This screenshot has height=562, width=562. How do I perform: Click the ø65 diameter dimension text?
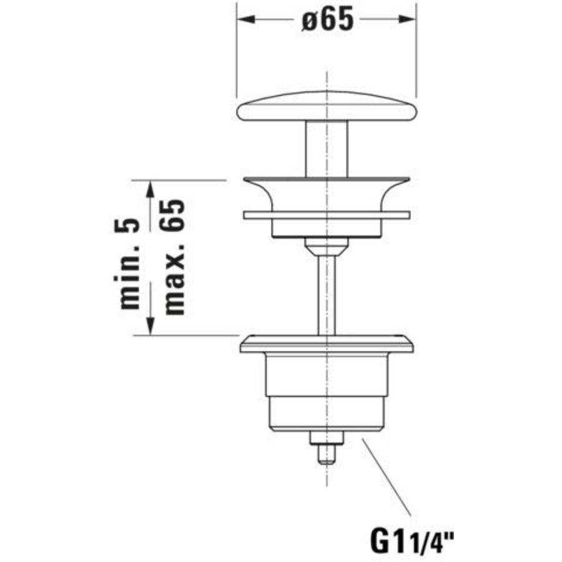[x=328, y=19]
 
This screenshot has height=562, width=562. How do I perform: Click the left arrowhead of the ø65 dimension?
[x=246, y=19]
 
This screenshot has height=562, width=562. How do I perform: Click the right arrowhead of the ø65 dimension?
[x=407, y=19]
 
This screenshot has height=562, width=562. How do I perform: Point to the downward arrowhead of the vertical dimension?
[x=150, y=325]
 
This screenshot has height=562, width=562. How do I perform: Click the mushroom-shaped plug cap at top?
[x=327, y=106]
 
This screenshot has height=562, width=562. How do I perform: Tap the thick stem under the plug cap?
[x=327, y=149]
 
